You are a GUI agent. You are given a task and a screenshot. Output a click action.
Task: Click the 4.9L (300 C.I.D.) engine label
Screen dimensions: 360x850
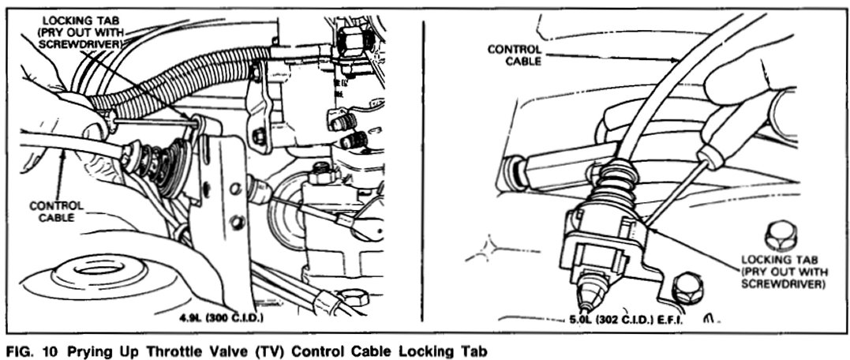224,319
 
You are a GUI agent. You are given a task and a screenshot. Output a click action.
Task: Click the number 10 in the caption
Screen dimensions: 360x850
47,348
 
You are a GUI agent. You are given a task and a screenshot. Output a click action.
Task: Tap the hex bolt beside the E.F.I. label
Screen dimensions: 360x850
687,289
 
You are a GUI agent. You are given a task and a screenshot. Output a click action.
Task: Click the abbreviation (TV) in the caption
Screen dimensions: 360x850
264,348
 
